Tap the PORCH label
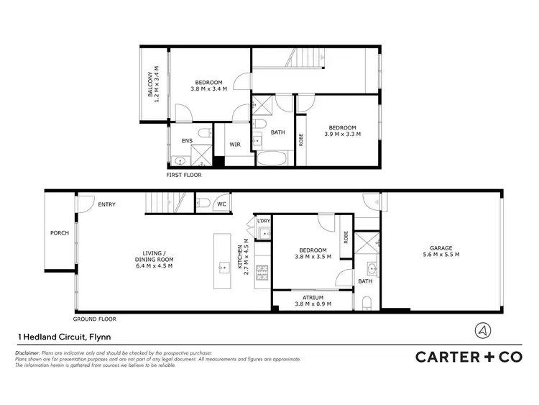(59, 233)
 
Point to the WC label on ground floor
(221, 205)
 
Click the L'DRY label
(263, 221)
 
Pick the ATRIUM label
(312, 297)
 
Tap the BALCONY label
(151, 84)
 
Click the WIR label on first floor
(234, 145)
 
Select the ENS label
(187, 141)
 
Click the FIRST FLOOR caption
(184, 175)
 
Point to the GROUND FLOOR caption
(94, 319)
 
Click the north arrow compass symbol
(483, 330)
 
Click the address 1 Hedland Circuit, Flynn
(63, 336)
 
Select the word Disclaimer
(27, 353)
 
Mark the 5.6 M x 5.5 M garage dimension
(441, 254)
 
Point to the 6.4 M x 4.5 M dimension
(155, 265)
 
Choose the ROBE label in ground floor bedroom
(346, 237)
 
